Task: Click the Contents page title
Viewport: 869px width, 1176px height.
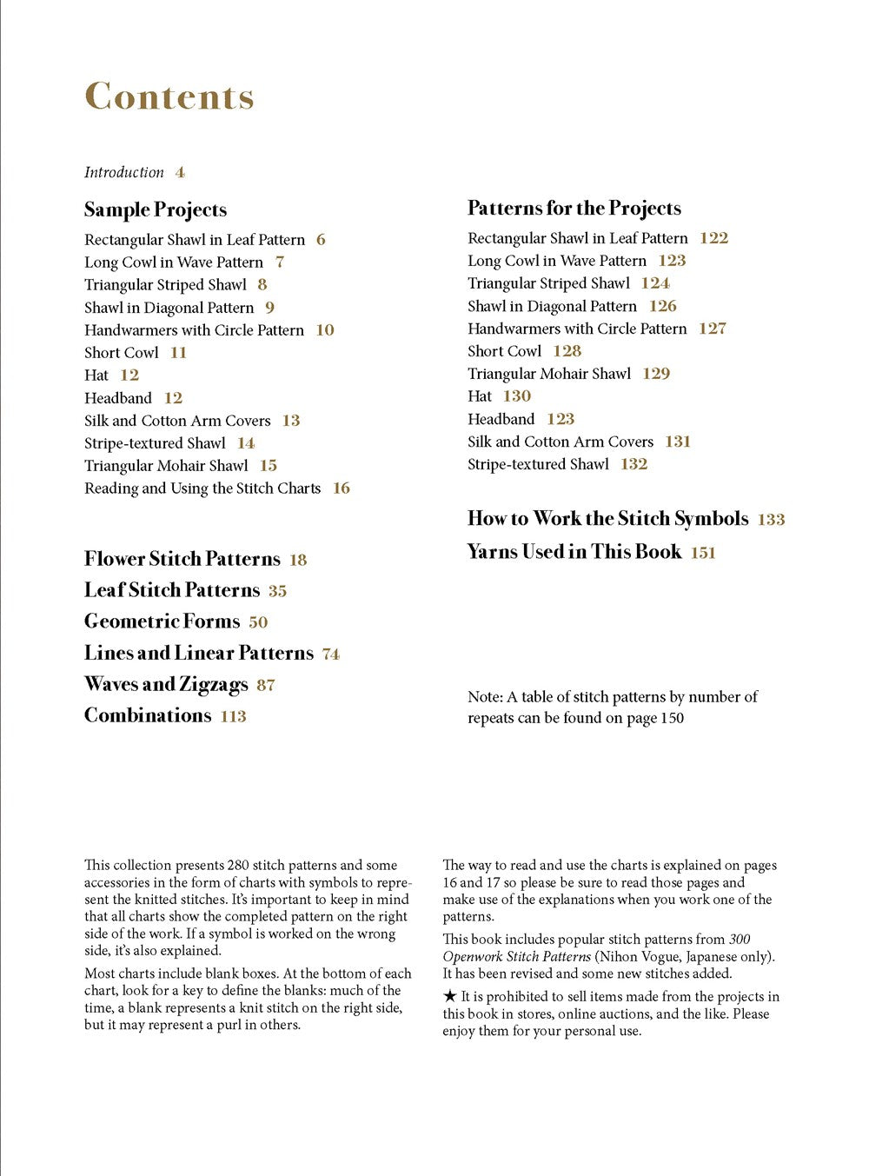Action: click(169, 96)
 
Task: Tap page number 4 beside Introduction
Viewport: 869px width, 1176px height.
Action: click(180, 172)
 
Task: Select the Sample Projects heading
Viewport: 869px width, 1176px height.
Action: click(156, 209)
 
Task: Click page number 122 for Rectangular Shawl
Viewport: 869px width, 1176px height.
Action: click(713, 238)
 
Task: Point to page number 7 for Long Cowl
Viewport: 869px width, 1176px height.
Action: click(280, 262)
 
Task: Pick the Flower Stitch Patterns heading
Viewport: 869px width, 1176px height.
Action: click(182, 559)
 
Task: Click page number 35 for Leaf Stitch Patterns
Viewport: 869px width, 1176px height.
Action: click(277, 591)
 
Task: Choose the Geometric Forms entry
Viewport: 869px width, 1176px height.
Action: click(163, 621)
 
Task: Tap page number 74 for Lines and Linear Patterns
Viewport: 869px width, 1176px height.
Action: click(331, 654)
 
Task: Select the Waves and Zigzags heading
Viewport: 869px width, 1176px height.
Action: click(166, 684)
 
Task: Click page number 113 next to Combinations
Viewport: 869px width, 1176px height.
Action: click(233, 716)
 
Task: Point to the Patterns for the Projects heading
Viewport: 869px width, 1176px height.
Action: click(574, 209)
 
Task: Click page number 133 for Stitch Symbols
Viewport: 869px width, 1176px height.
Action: click(771, 520)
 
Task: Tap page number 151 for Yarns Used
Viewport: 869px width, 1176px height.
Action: click(703, 553)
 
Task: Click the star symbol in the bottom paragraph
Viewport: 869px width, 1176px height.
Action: click(449, 996)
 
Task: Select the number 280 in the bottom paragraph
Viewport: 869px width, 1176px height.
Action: click(238, 865)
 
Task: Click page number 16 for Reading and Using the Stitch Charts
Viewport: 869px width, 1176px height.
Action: click(342, 488)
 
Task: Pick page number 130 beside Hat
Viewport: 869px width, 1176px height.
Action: click(516, 396)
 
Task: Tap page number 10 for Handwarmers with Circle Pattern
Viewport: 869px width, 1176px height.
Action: click(325, 330)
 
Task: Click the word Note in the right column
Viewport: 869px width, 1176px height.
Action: click(484, 697)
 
